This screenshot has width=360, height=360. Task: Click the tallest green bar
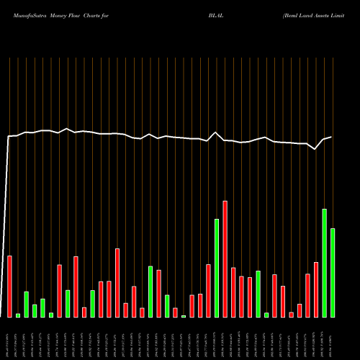(325, 263)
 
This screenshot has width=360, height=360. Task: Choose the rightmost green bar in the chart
(333, 272)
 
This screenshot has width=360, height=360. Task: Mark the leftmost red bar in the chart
(9, 287)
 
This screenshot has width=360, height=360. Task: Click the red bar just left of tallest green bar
(316, 289)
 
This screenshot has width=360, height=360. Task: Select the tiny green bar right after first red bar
(18, 315)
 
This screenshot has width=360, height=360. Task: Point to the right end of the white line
(331, 137)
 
